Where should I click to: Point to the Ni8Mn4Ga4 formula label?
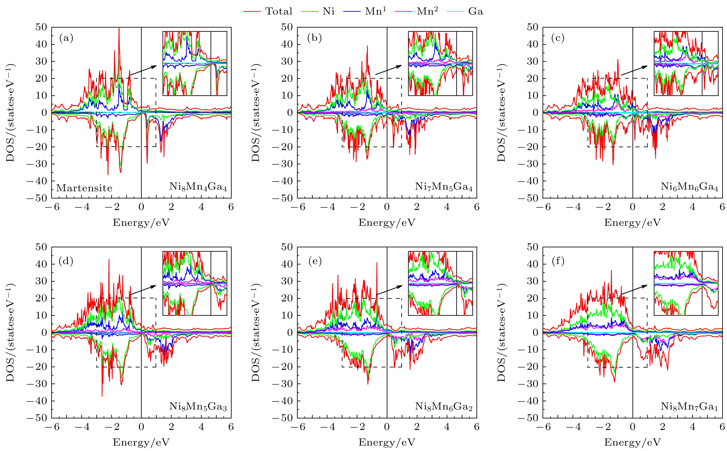[198, 187]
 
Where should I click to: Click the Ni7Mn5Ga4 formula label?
[444, 187]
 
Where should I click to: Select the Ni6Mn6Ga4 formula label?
[689, 187]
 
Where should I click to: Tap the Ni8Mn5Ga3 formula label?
[198, 406]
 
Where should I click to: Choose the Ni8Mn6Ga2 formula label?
[444, 406]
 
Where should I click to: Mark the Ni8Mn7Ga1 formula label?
[689, 406]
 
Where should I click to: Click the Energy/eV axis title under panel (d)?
[141, 442]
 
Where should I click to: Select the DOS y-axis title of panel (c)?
[502, 113]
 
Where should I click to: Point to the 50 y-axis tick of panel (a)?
[41, 27]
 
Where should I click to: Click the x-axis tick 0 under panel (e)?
[387, 427]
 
